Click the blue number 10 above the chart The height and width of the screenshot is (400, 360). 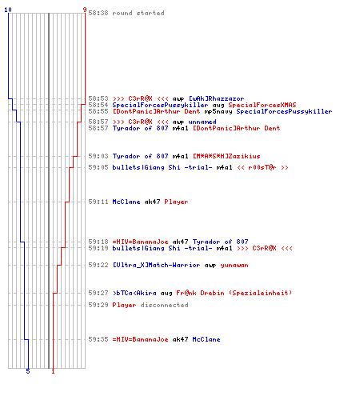8,10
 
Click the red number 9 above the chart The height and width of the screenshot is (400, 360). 85,10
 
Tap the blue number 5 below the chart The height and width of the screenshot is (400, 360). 28,371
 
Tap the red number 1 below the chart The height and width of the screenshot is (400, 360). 53,371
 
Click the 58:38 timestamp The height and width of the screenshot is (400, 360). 98,13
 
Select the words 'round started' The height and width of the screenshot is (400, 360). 138,13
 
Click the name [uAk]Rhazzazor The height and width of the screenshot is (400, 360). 216,98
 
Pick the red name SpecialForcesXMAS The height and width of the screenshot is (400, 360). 262,105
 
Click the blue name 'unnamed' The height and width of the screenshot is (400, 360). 202,122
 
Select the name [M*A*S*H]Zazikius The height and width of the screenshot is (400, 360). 226,156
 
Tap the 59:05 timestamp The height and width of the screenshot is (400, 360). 98,167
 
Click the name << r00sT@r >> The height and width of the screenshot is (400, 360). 262,167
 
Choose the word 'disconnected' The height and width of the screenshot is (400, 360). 164,305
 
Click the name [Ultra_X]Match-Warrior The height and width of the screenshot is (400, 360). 156,265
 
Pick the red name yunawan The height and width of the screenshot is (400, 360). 234,265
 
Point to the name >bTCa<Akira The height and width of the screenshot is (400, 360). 134,293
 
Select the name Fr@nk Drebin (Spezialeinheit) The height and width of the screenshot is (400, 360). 234,293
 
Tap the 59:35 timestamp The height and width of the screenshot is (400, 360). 98,339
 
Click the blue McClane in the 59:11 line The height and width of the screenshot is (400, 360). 126,202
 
